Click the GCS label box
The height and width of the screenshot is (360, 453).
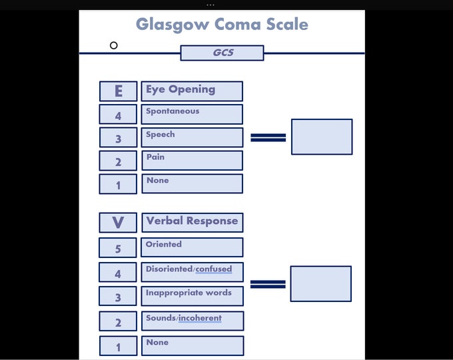coord(222,53)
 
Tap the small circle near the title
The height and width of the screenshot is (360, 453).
coord(114,45)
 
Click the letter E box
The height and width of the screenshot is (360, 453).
coord(118,91)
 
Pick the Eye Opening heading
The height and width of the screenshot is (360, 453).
coord(192,91)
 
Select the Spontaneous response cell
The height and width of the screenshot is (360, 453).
coord(192,114)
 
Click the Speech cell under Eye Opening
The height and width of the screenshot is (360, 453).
coord(192,137)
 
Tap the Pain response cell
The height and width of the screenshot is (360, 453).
coord(192,160)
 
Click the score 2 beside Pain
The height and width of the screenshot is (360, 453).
coord(118,161)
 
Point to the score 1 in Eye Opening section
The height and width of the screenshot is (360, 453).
coord(118,184)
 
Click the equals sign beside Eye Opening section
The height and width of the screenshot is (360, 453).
coord(268,137)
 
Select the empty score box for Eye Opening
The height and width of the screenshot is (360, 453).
coord(322,137)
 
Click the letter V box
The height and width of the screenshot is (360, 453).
coord(118,222)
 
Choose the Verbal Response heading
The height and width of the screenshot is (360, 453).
coord(192,221)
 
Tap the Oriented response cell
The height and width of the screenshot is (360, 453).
coord(192,247)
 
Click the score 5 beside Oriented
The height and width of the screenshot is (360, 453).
coord(118,248)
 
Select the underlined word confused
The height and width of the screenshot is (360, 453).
coord(214,269)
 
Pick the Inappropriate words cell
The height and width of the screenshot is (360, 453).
coord(192,296)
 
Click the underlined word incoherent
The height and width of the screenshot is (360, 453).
coord(200,319)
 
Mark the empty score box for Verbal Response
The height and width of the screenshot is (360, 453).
coord(320,283)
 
